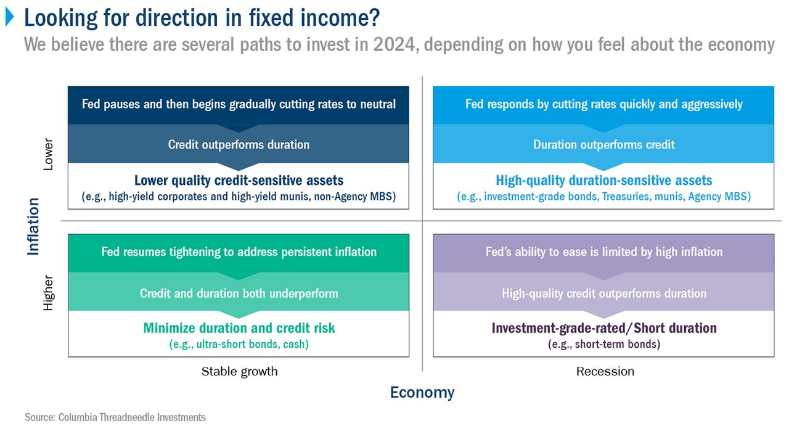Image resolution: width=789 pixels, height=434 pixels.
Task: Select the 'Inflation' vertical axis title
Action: tap(33, 226)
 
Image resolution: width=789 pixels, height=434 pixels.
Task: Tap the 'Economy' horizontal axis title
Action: tap(422, 392)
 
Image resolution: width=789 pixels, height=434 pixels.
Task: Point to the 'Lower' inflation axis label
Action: tap(49, 154)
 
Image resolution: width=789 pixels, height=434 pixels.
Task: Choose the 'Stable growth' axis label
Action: tap(239, 371)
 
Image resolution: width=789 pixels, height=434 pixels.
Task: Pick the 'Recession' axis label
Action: tap(605, 371)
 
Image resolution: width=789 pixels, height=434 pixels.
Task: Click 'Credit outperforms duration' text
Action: tap(239, 145)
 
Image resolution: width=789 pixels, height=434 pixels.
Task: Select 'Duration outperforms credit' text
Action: tap(604, 145)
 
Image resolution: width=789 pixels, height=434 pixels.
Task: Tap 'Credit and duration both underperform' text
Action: tap(239, 293)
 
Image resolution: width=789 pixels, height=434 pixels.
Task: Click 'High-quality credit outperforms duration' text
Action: tap(604, 293)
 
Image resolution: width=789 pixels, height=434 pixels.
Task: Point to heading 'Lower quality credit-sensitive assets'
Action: tap(239, 181)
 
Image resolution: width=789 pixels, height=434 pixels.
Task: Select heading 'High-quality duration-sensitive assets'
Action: tap(604, 181)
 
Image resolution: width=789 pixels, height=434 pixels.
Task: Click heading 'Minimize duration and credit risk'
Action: tap(239, 328)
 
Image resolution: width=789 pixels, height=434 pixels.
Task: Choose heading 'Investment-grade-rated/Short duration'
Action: tap(604, 328)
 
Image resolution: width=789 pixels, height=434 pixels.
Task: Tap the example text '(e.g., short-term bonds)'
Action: tap(604, 344)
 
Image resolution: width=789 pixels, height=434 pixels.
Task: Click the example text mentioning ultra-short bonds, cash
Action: tap(239, 344)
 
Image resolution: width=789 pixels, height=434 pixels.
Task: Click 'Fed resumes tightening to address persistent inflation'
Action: tap(239, 252)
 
